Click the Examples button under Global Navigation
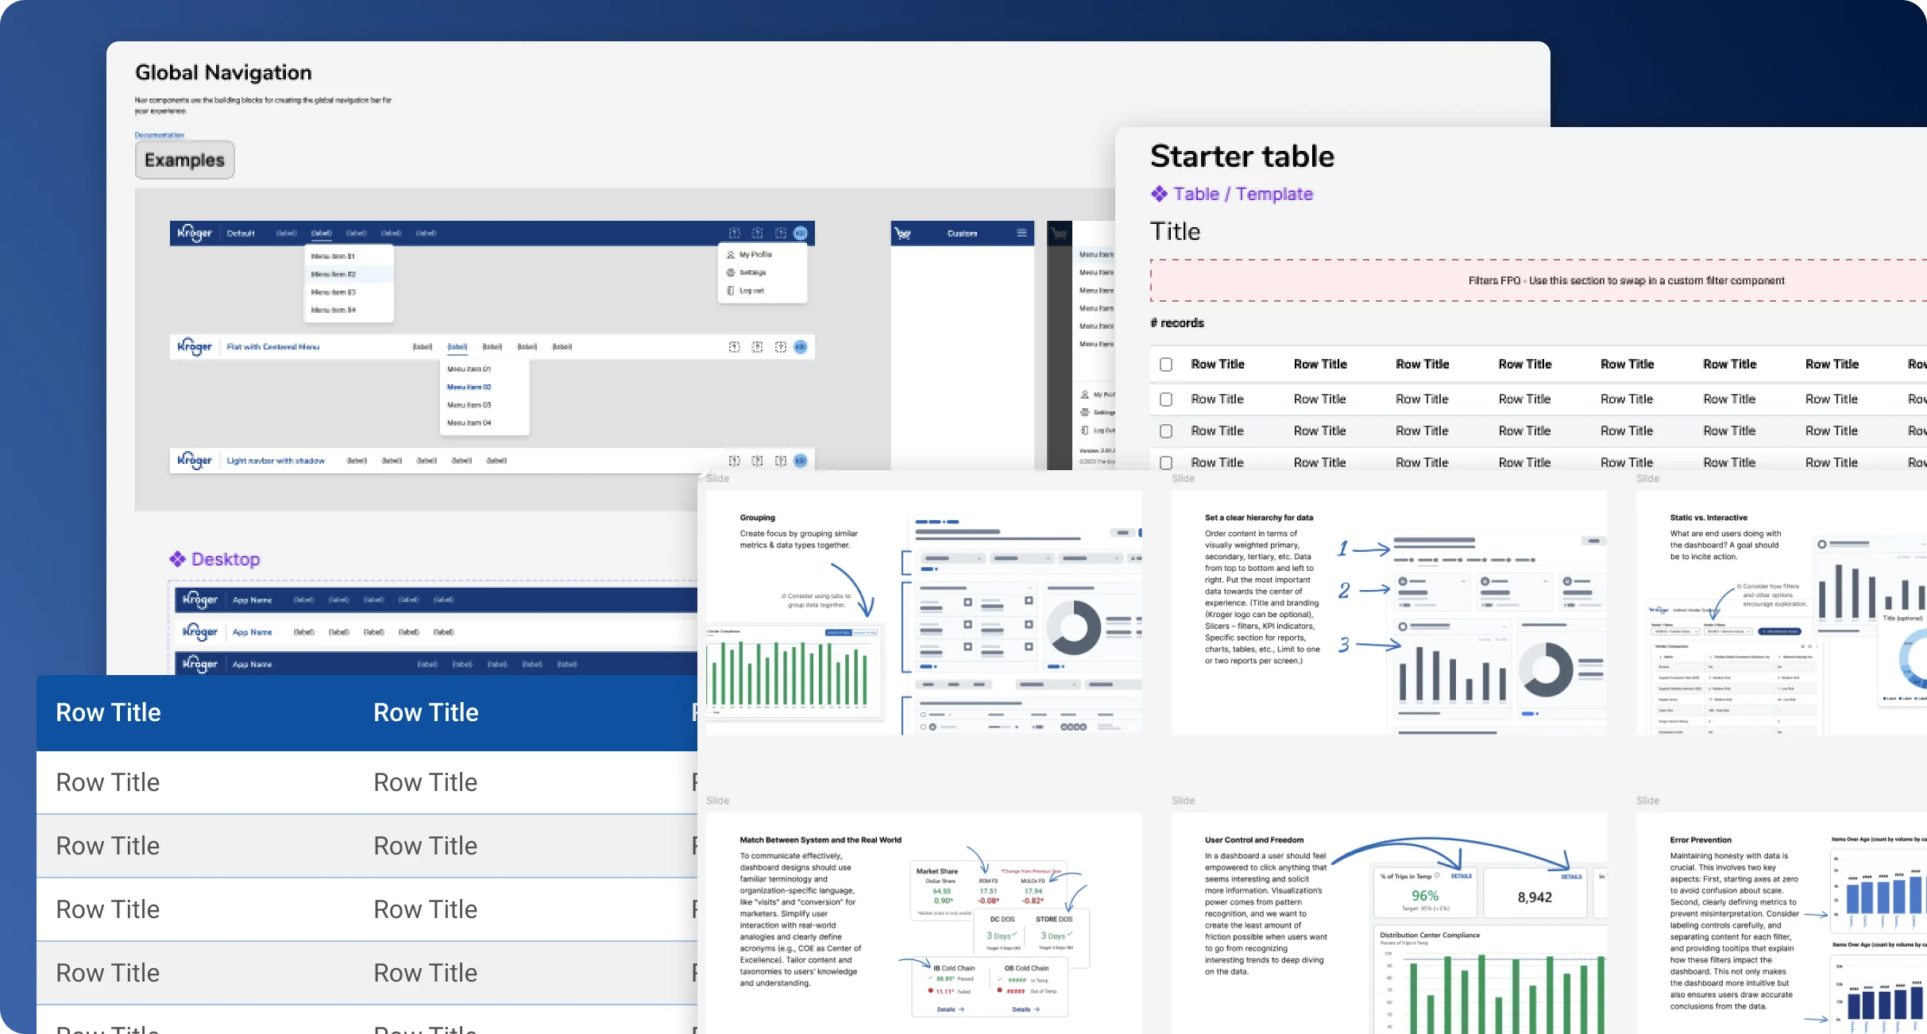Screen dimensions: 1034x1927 pyautogui.click(x=184, y=160)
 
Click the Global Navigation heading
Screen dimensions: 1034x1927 pyautogui.click(x=223, y=73)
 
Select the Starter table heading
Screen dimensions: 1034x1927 pyautogui.click(x=1242, y=156)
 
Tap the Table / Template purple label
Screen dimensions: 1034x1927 pyautogui.click(x=1242, y=195)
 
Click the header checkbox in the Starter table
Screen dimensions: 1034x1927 pyautogui.click(x=1166, y=365)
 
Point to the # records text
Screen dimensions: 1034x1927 pyautogui.click(x=1177, y=323)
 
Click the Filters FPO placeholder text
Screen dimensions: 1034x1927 pyautogui.click(x=1625, y=281)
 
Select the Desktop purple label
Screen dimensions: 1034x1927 pyautogui.click(x=225, y=560)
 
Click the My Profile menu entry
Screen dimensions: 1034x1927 pyautogui.click(x=755, y=255)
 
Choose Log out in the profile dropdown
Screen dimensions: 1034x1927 pyautogui.click(x=751, y=291)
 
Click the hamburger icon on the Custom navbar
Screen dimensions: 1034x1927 pyautogui.click(x=1021, y=233)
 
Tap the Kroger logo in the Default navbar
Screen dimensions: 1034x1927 pyautogui.click(x=195, y=233)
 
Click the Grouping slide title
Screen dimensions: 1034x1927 pyautogui.click(x=757, y=518)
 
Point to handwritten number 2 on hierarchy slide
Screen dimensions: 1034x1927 pyautogui.click(x=1344, y=591)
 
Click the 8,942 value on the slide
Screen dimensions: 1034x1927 pyautogui.click(x=1534, y=897)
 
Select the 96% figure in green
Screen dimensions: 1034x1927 pyautogui.click(x=1425, y=896)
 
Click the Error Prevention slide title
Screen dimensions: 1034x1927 pyautogui.click(x=1700, y=840)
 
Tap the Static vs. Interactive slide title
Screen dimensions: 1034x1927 pyautogui.click(x=1708, y=518)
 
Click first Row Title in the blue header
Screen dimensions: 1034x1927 pyautogui.click(x=108, y=713)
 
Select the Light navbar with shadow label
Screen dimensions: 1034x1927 pyautogui.click(x=276, y=461)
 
